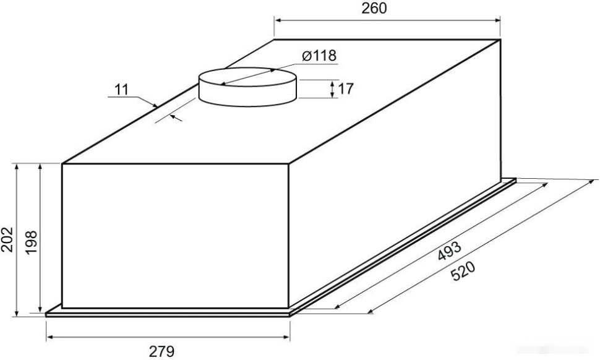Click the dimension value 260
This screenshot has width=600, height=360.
(x=374, y=8)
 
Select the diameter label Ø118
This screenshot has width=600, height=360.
(x=319, y=56)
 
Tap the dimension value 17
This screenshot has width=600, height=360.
(x=346, y=89)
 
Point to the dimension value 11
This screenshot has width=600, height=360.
(x=121, y=90)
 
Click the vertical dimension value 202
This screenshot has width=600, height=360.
(x=7, y=239)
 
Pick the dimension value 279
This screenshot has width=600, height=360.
(x=161, y=351)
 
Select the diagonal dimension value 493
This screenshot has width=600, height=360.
(x=449, y=251)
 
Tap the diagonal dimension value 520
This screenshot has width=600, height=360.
(x=463, y=271)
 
